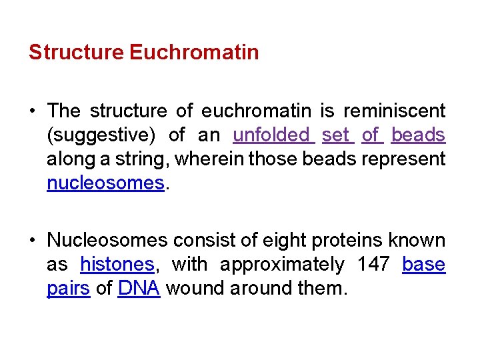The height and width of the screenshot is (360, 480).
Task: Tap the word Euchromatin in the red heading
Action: (x=194, y=52)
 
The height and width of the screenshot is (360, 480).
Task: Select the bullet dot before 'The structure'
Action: (x=33, y=111)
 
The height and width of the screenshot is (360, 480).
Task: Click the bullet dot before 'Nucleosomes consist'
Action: (x=33, y=240)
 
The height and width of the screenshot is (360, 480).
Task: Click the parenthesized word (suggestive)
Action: (x=101, y=135)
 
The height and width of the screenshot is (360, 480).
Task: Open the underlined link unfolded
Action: (x=271, y=135)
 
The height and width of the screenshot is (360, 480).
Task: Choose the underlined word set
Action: (x=336, y=135)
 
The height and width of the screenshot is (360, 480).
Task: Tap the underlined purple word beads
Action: (x=418, y=135)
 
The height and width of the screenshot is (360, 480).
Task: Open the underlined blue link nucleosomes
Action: (x=105, y=183)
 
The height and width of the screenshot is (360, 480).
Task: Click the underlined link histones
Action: (x=117, y=265)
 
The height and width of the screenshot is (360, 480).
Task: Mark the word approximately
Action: (x=282, y=265)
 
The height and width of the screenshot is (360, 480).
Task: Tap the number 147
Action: (x=373, y=265)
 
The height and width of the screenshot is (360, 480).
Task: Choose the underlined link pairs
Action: (x=68, y=289)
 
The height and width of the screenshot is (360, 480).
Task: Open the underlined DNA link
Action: (x=139, y=289)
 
